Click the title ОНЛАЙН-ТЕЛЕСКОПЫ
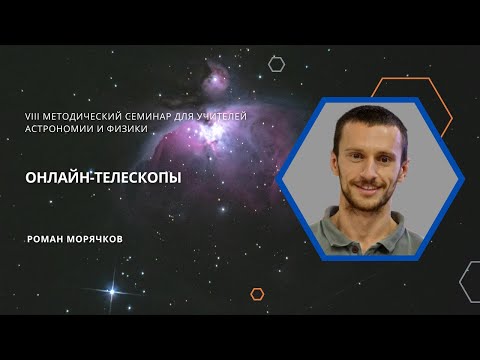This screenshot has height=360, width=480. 95,174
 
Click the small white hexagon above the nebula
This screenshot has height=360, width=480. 277,64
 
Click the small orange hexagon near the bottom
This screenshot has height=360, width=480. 257,294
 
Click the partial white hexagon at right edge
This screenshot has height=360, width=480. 471,281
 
